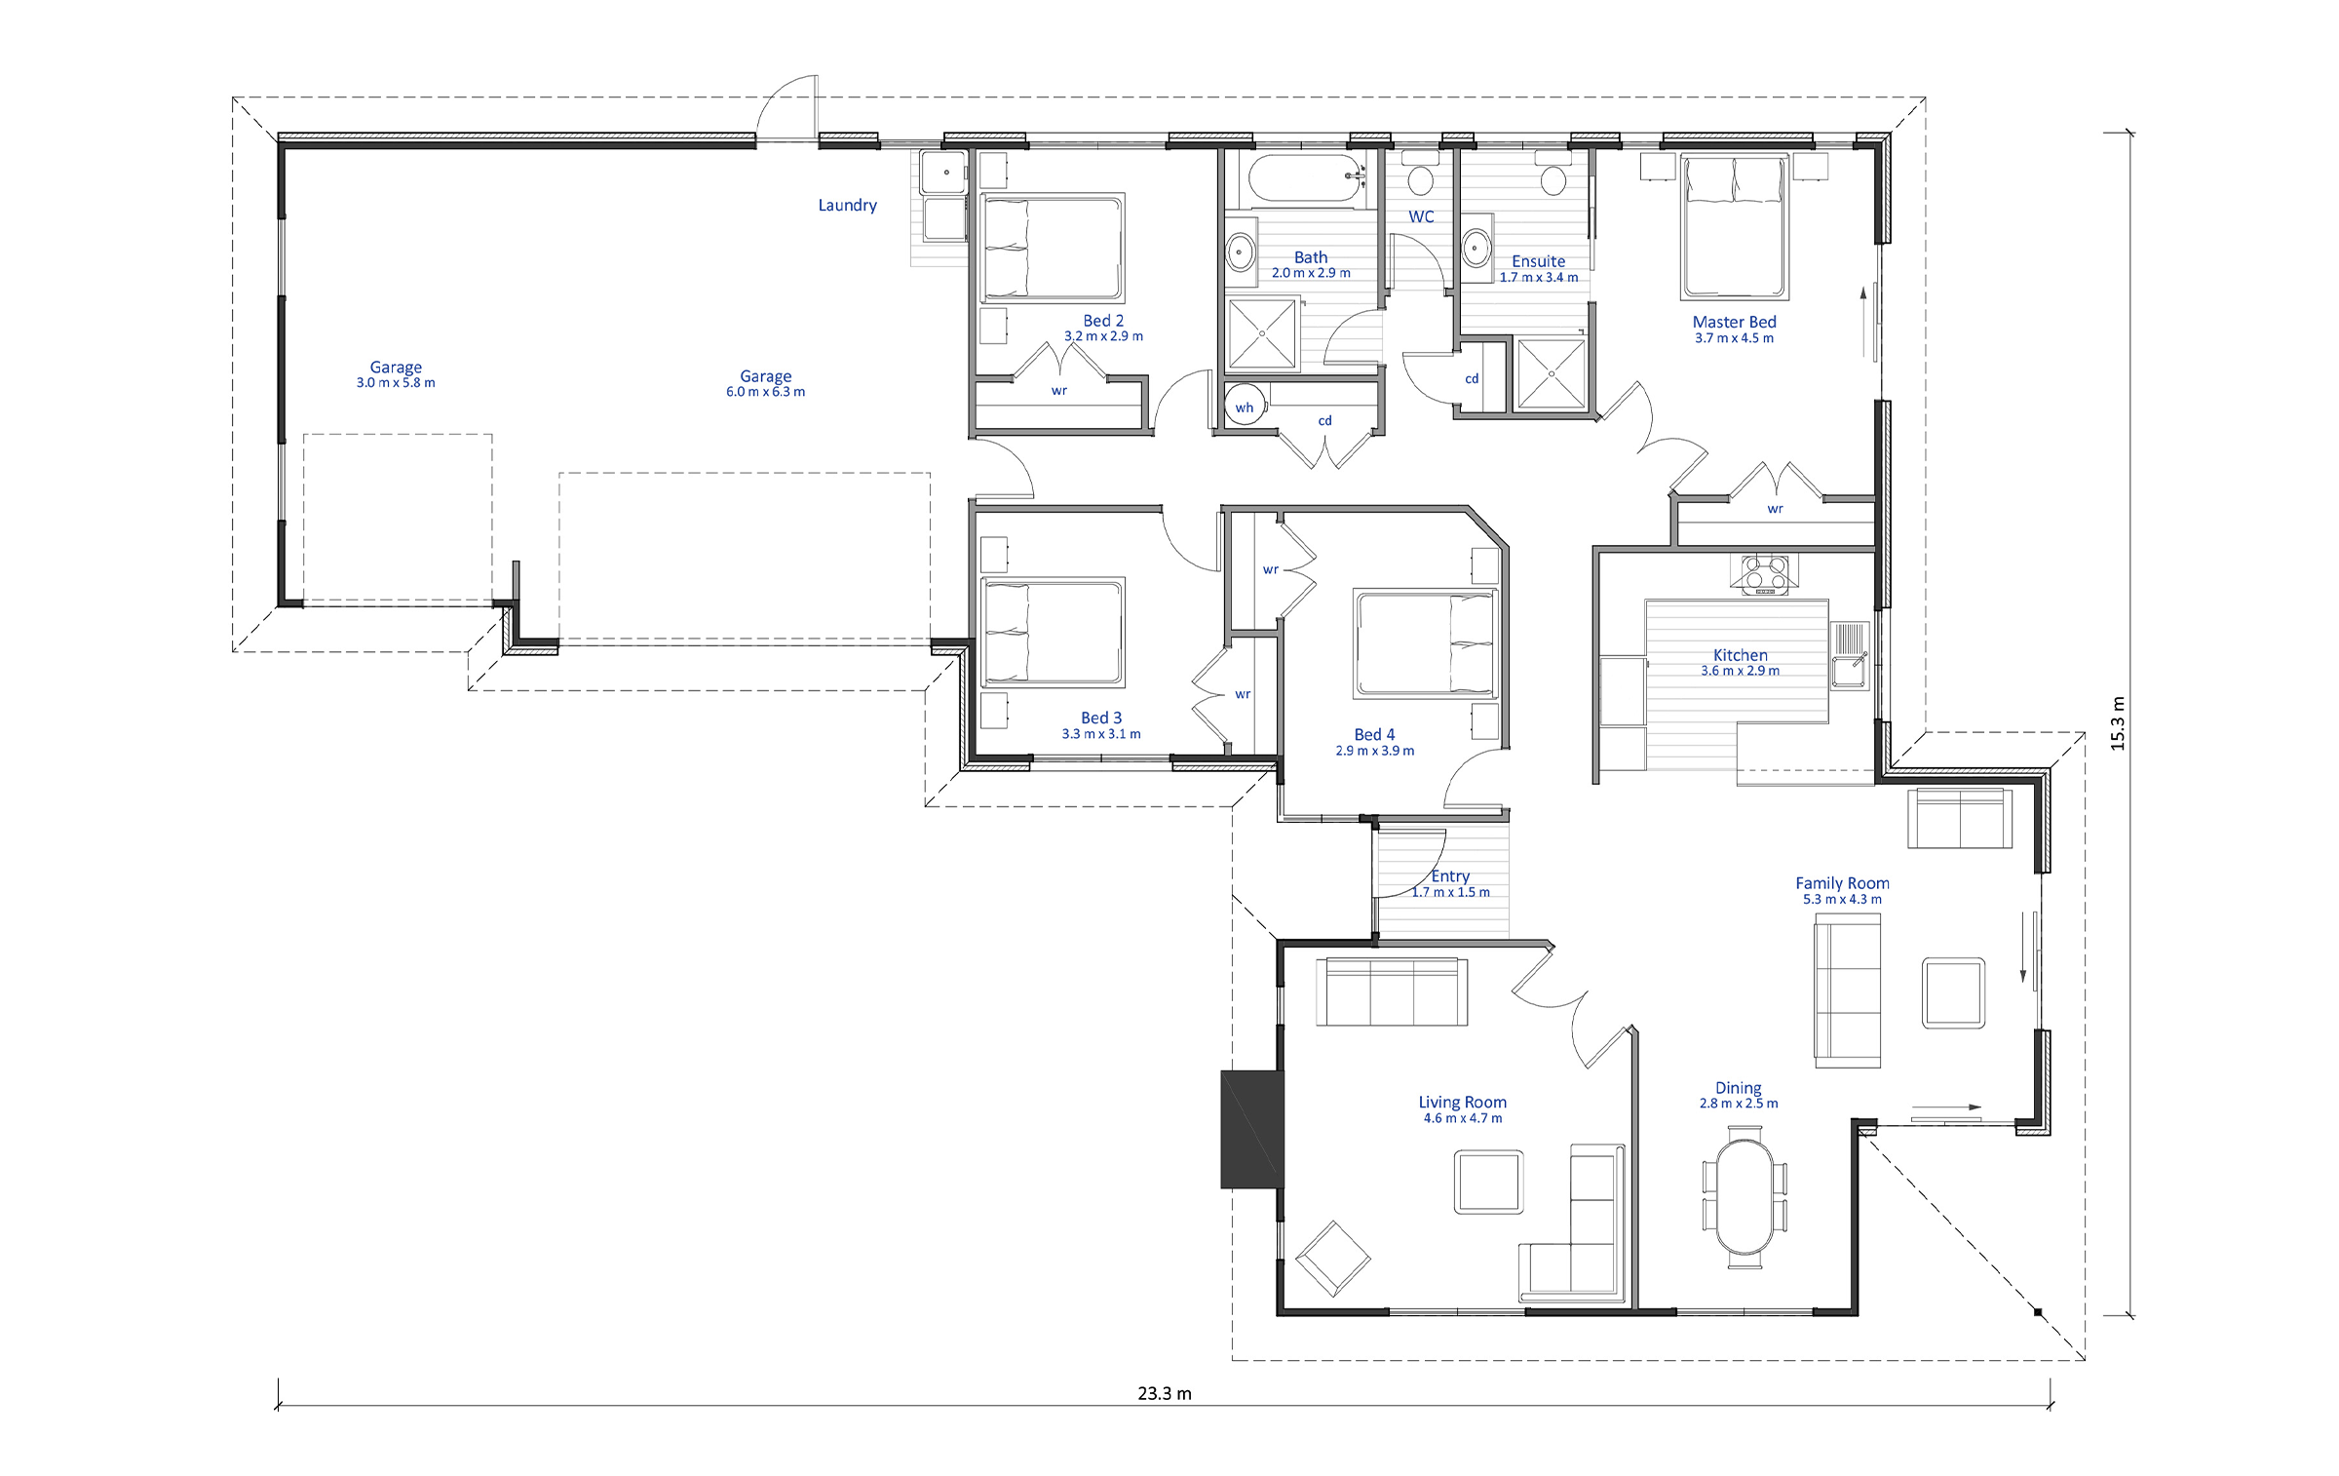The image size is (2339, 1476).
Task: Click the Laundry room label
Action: (x=847, y=205)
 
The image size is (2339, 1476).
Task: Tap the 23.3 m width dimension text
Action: (x=1165, y=1393)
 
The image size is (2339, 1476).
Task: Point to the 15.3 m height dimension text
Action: (x=2117, y=723)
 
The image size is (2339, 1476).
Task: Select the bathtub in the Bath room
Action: (x=1302, y=177)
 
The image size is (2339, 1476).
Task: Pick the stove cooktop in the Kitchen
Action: (x=1765, y=574)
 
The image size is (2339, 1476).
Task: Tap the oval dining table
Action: (x=1745, y=1196)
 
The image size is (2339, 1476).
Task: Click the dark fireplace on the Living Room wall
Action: (x=1252, y=1129)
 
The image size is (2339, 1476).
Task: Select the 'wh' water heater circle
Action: (x=1245, y=407)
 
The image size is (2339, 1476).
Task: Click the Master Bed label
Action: (x=1734, y=322)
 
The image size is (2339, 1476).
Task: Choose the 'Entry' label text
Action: (x=1450, y=876)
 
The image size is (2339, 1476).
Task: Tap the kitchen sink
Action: (x=1848, y=655)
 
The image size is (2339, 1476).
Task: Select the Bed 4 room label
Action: (x=1374, y=734)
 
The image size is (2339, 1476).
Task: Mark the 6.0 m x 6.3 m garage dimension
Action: (x=765, y=392)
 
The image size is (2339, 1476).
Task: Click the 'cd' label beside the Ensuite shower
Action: (x=1472, y=378)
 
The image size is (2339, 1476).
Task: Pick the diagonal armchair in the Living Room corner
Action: (x=1332, y=1258)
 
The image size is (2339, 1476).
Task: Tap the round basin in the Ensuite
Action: (x=1476, y=250)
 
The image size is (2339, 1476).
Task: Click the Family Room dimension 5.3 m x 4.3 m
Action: (x=1842, y=899)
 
